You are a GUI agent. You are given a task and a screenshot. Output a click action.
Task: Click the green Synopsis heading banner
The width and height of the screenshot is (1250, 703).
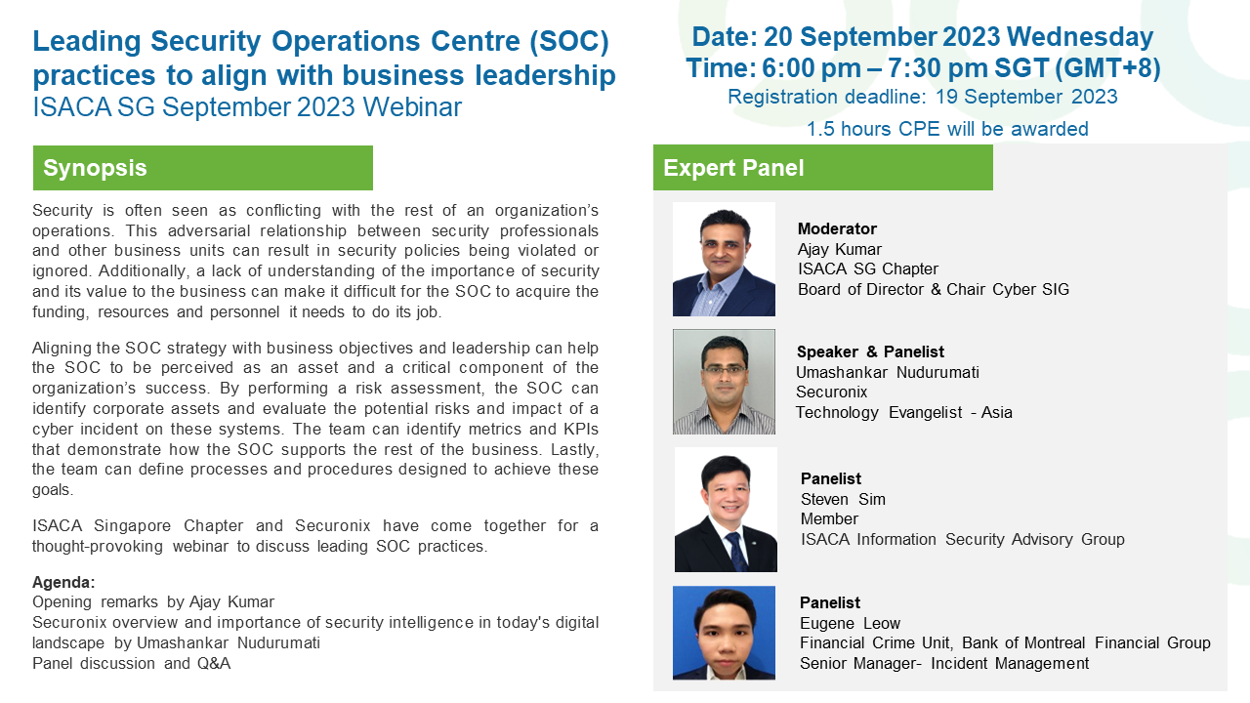(x=202, y=168)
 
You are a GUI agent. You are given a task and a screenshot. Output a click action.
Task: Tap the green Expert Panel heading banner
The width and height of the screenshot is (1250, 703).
(x=822, y=168)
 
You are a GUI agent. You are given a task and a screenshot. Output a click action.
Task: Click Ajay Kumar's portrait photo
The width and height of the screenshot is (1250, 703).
(x=724, y=259)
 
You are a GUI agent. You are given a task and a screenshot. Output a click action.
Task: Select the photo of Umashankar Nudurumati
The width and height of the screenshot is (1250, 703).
(x=724, y=381)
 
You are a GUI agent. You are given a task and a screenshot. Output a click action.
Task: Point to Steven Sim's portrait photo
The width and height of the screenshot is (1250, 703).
(x=726, y=510)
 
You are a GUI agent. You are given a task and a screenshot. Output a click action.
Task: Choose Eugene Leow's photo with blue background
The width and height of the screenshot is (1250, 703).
(x=724, y=632)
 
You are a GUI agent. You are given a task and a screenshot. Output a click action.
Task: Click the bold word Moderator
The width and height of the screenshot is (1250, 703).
(x=837, y=228)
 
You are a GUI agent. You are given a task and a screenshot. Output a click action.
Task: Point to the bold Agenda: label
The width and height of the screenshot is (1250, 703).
(x=63, y=582)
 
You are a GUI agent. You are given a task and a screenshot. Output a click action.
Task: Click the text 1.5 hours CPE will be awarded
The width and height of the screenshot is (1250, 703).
(x=946, y=129)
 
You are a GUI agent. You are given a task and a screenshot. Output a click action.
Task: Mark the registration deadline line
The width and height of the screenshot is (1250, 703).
(x=923, y=97)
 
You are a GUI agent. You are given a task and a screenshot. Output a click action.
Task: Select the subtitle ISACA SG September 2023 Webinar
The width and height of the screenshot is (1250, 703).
(x=247, y=107)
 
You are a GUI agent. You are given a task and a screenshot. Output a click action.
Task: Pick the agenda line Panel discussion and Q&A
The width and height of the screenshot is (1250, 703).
(x=131, y=663)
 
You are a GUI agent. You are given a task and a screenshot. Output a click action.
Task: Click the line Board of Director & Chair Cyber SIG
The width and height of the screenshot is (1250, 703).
(x=933, y=289)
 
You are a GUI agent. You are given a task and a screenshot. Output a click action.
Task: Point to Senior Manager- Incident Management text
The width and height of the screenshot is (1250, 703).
(x=943, y=663)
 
